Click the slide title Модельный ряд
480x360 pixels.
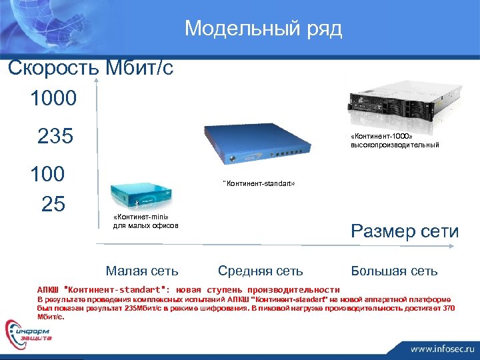pos(263,29)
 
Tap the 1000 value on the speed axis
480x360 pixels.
pos(53,99)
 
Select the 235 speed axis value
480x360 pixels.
pos(55,136)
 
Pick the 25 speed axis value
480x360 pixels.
pos(53,203)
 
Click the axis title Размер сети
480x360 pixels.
pos(405,231)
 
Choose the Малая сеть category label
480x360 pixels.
pos(142,271)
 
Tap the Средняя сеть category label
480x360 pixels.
pos(260,271)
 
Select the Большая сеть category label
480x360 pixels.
pos(395,271)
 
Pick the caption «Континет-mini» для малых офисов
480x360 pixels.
pos(145,221)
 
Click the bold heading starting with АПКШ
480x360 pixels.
pos(188,289)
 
